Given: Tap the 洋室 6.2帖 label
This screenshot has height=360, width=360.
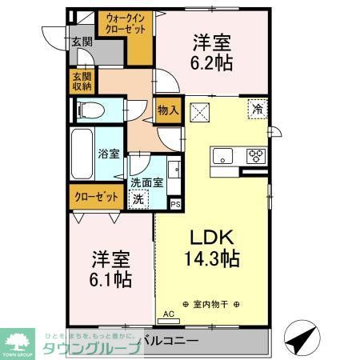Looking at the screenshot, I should (x=212, y=53).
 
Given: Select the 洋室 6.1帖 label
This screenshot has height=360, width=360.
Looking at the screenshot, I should (x=111, y=270).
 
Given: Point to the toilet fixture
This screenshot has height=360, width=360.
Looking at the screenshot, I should (x=90, y=109).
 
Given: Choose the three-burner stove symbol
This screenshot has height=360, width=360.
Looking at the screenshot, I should (x=257, y=155).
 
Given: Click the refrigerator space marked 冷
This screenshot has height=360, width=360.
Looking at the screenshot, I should (x=258, y=107).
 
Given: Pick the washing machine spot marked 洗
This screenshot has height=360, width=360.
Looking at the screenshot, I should (x=139, y=198).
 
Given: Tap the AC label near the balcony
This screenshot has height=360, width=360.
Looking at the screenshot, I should (x=168, y=314).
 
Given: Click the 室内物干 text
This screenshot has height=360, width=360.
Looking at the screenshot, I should (x=214, y=304).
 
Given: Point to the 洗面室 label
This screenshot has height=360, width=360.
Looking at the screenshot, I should (x=147, y=182).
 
